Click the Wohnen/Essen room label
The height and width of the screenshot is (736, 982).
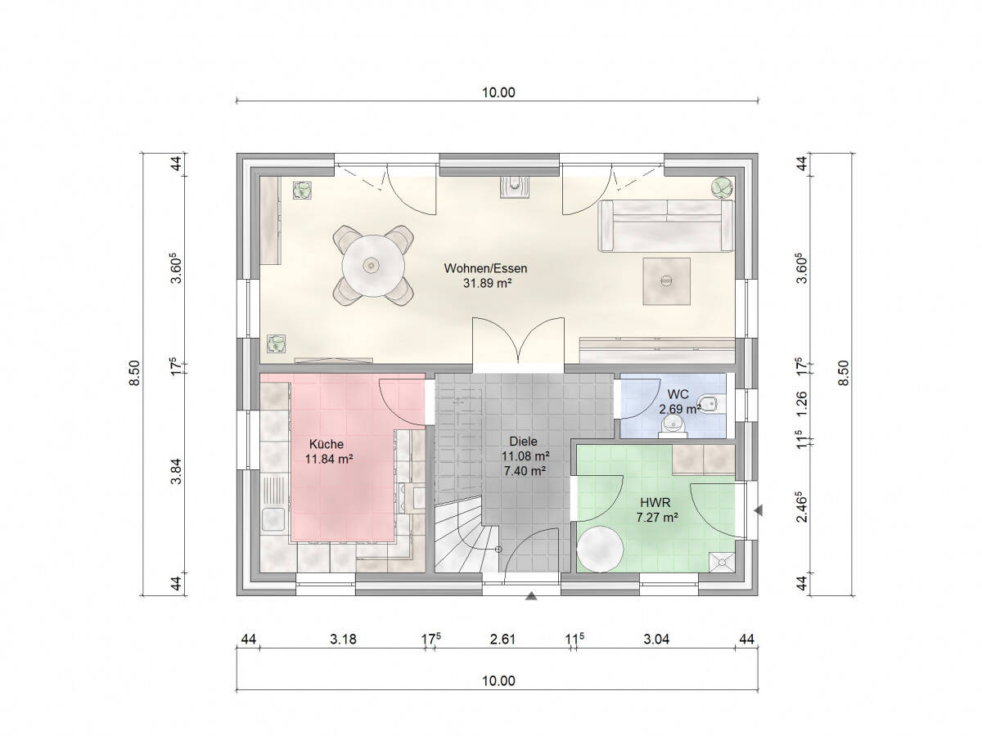pyautogui.click(x=485, y=268)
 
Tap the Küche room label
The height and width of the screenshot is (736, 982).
pyautogui.click(x=327, y=444)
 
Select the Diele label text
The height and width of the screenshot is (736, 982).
pyautogui.click(x=523, y=442)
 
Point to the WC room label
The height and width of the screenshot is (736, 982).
pyautogui.click(x=678, y=394)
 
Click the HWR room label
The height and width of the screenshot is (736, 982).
pyautogui.click(x=655, y=503)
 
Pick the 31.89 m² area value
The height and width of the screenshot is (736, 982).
pyautogui.click(x=487, y=283)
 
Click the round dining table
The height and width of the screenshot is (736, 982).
pyautogui.click(x=373, y=266)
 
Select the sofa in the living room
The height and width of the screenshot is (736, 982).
pyautogui.click(x=665, y=226)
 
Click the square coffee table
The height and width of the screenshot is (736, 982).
pyautogui.click(x=665, y=281)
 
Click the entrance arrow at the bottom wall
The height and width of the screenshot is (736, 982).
pyautogui.click(x=530, y=595)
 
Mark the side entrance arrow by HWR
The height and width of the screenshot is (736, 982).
pyautogui.click(x=759, y=510)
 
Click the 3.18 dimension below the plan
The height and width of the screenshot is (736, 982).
pyautogui.click(x=343, y=640)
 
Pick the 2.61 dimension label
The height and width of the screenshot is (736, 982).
pyautogui.click(x=502, y=640)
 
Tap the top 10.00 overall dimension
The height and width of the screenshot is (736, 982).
pyautogui.click(x=498, y=92)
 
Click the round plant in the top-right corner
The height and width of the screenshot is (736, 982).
pyautogui.click(x=722, y=187)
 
